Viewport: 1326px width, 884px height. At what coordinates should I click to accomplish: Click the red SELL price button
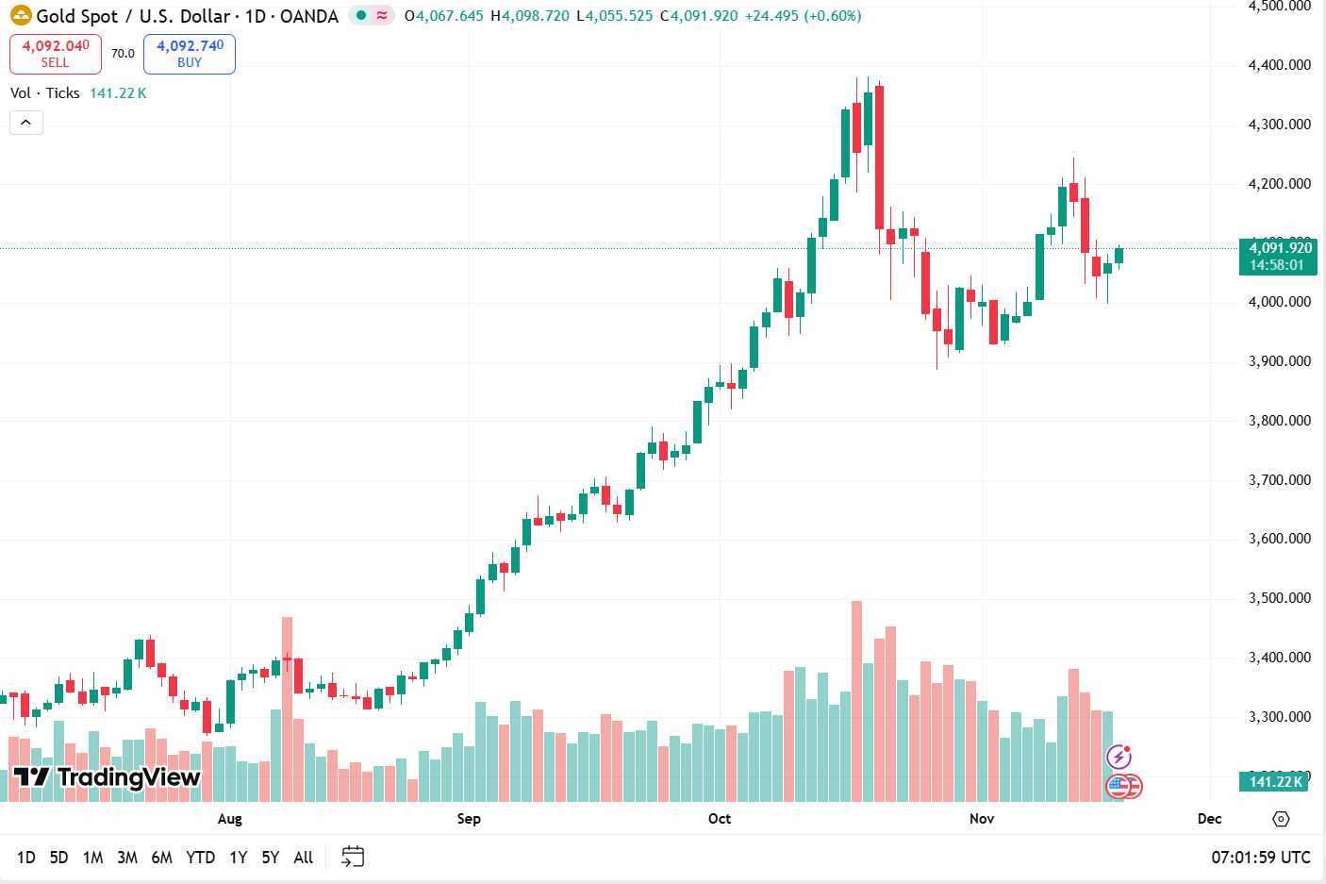[56, 54]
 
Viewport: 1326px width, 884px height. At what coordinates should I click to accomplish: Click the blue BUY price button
[190, 54]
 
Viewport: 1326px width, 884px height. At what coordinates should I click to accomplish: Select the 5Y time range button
[271, 858]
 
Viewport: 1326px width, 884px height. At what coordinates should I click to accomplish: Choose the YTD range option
[200, 858]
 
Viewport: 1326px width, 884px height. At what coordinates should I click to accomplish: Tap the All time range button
[303, 858]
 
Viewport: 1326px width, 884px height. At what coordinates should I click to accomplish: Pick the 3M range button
[127, 858]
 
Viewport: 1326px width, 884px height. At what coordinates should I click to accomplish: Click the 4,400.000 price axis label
[1279, 65]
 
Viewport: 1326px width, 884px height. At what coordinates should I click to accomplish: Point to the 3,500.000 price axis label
[1279, 598]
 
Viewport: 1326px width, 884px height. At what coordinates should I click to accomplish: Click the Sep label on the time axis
[469, 819]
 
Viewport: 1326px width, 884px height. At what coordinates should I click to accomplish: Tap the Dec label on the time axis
[1209, 819]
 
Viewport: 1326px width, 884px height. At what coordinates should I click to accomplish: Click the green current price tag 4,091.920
[1280, 257]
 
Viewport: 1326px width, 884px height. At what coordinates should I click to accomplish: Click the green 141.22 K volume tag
[1275, 781]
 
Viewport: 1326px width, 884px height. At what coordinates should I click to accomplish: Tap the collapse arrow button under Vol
[26, 123]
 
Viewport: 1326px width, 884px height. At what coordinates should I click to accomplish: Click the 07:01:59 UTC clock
[1260, 858]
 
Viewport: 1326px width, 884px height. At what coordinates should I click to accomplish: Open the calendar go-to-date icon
[353, 857]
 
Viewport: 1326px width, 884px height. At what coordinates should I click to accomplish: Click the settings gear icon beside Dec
[1281, 819]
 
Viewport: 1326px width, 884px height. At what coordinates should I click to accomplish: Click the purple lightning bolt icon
[1119, 757]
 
